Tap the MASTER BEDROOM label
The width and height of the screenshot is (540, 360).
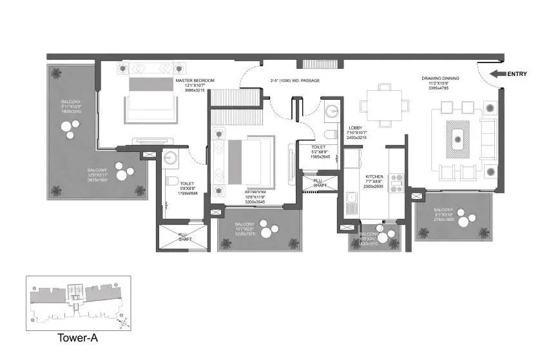click(x=196, y=81)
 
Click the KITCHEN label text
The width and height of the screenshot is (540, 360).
click(x=374, y=176)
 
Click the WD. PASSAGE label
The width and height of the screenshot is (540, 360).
click(x=294, y=81)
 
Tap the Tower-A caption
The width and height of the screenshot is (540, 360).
click(x=77, y=337)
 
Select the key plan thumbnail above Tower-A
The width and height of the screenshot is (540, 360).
click(x=78, y=303)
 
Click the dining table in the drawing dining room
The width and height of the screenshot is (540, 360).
click(x=384, y=103)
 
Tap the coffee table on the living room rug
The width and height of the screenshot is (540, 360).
click(x=458, y=137)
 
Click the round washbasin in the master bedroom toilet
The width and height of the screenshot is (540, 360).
click(x=171, y=157)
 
